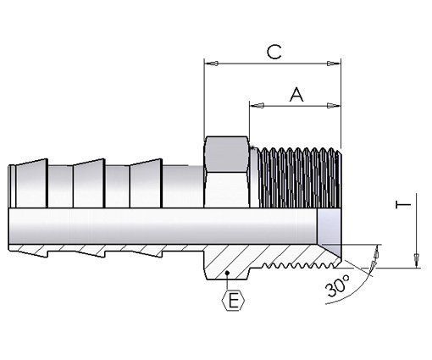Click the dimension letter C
(x=273, y=52)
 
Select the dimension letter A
(x=296, y=95)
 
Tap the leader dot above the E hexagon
(x=230, y=270)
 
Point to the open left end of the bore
(x=13, y=227)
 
